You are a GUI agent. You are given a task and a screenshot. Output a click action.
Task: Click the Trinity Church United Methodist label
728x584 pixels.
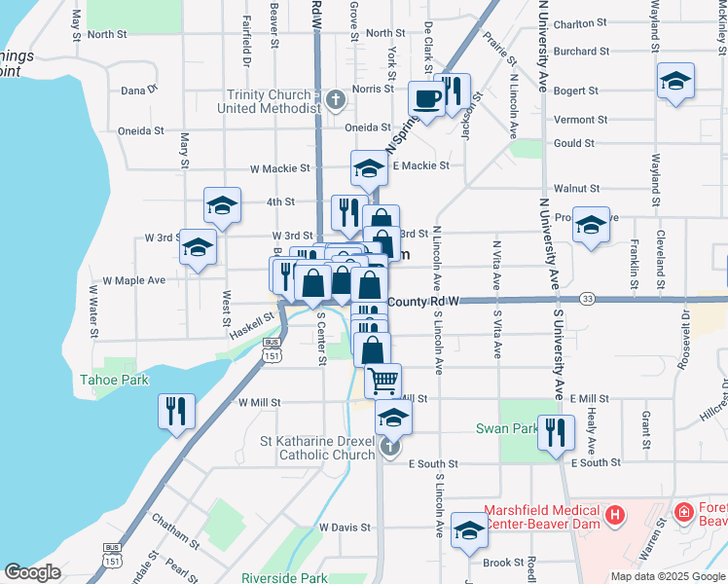pyautogui.click(x=268, y=101)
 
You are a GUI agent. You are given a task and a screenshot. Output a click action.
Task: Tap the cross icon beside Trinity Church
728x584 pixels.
pyautogui.click(x=335, y=99)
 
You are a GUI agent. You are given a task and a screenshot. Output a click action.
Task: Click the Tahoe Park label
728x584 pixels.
pyautogui.click(x=114, y=380)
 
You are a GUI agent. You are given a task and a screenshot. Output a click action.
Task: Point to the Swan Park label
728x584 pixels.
pyautogui.click(x=506, y=428)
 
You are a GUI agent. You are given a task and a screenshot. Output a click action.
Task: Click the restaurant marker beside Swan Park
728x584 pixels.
pyautogui.click(x=554, y=431)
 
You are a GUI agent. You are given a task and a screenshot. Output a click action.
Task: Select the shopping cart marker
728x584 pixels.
pyautogui.click(x=383, y=380)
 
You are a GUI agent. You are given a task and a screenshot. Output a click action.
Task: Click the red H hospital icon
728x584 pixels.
pyautogui.click(x=613, y=514)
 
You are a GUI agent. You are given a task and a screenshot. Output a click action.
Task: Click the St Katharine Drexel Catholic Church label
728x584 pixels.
pyautogui.click(x=317, y=448)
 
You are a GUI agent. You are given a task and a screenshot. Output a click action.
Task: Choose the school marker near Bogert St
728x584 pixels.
pyautogui.click(x=675, y=82)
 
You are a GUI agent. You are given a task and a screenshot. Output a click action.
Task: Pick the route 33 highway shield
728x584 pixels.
pyautogui.click(x=587, y=298)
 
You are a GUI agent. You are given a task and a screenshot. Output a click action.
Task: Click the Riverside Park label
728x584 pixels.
pyautogui.click(x=284, y=578)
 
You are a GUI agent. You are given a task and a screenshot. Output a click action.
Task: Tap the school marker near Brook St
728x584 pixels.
pyautogui.click(x=469, y=529)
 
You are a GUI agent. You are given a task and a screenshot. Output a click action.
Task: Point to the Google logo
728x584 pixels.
pyautogui.click(x=32, y=572)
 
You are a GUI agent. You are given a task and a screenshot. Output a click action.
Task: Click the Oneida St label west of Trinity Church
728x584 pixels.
pyautogui.click(x=141, y=130)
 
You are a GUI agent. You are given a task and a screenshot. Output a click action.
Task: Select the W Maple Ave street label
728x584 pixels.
pyautogui.click(x=140, y=280)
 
